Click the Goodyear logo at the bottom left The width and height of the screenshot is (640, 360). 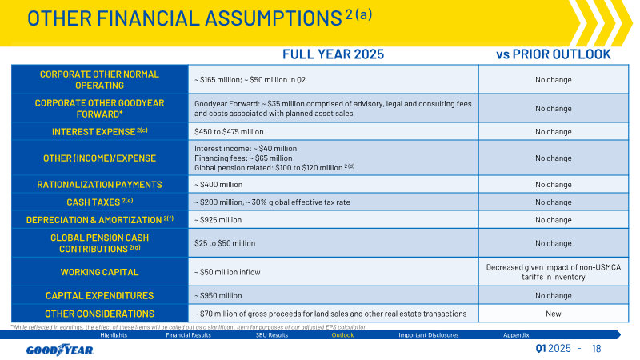click(60, 350)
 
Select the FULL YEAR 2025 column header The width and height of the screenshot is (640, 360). click(333, 54)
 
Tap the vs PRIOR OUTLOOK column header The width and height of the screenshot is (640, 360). click(553, 54)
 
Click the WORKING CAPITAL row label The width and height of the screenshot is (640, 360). click(99, 272)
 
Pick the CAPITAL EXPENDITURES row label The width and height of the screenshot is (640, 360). click(99, 295)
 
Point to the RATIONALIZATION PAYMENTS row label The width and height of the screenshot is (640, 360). click(99, 185)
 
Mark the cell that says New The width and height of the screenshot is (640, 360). click(554, 314)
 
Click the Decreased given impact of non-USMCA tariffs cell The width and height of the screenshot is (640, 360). click(554, 272)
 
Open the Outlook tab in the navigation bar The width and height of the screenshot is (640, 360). click(342, 335)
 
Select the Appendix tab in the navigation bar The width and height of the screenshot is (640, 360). click(516, 335)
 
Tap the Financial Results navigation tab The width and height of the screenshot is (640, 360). click(188, 335)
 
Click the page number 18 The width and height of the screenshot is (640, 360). click(596, 349)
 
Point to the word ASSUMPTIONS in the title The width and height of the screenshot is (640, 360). click(274, 18)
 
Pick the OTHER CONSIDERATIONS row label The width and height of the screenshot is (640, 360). click(99, 314)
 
